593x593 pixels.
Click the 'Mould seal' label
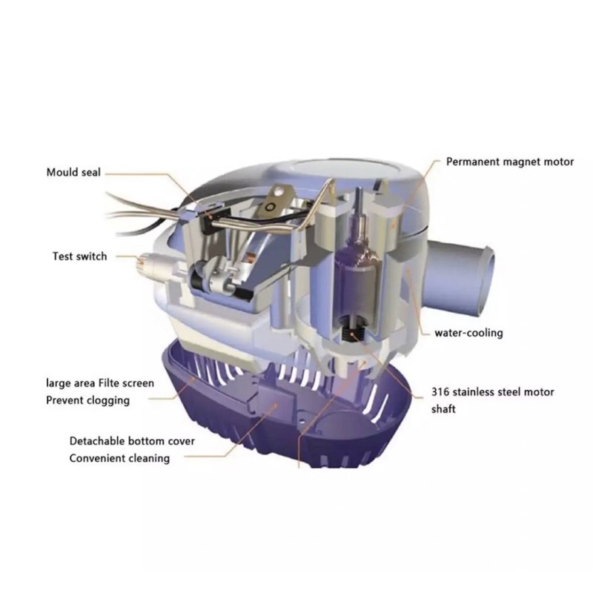[x=73, y=173]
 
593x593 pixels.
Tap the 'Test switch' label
[x=79, y=256]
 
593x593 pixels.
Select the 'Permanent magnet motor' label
[x=510, y=162]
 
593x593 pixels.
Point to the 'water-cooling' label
[x=468, y=333]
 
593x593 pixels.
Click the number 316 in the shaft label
[x=440, y=392]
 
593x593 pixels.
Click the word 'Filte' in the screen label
[x=111, y=383]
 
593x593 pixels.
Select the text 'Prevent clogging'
[x=87, y=400]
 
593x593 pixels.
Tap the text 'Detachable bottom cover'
[x=132, y=441]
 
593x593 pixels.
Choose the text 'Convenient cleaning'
[x=119, y=458]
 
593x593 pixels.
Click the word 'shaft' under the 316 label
[x=443, y=409]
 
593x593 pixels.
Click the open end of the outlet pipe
[x=486, y=281]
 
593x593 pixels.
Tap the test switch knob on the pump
[x=145, y=262]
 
